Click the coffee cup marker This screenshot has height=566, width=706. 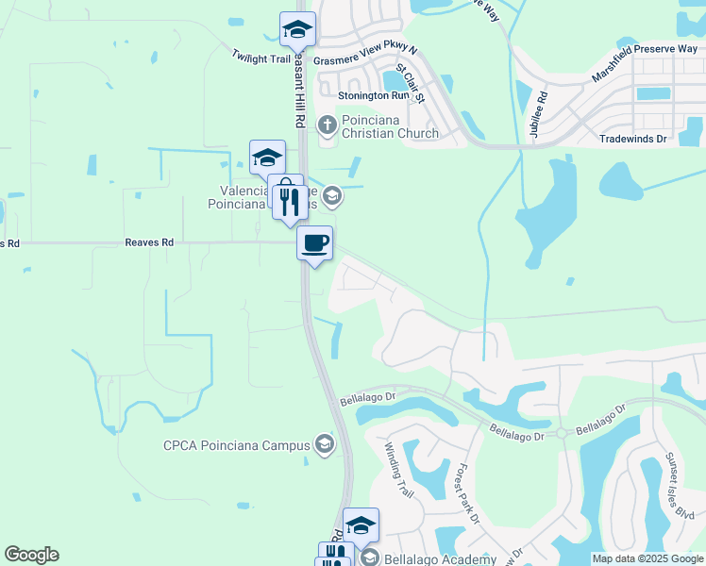click(315, 242)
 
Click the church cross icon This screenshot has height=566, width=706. click(327, 124)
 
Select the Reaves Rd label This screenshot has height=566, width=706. click(149, 242)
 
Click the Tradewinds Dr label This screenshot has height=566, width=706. click(632, 139)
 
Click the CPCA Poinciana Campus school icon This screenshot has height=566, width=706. click(325, 444)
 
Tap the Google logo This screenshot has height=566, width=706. click(31, 555)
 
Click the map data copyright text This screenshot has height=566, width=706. click(647, 558)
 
